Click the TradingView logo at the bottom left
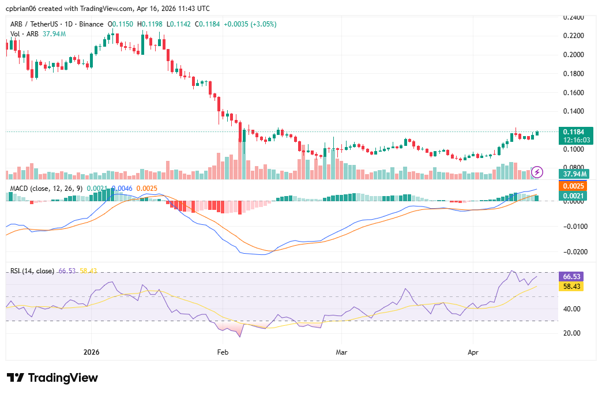pyautogui.click(x=52, y=378)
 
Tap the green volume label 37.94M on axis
pyautogui.click(x=575, y=174)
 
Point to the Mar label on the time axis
pyautogui.click(x=341, y=351)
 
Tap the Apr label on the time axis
pyautogui.click(x=473, y=351)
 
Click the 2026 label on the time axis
pyautogui.click(x=91, y=351)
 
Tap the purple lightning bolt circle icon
pyautogui.click(x=537, y=171)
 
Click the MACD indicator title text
pyautogui.click(x=46, y=188)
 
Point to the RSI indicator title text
pyautogui.click(x=32, y=270)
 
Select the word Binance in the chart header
pyautogui.click(x=90, y=24)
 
